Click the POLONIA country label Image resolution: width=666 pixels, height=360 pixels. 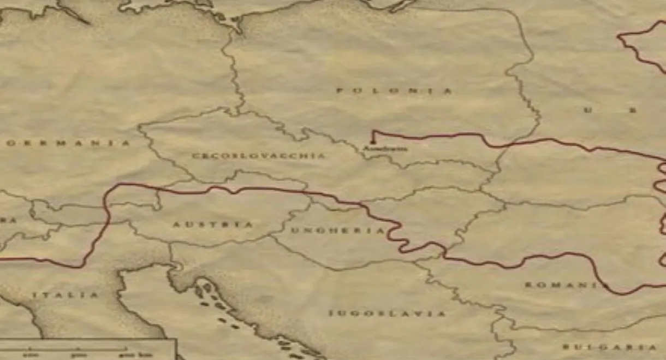click(x=394, y=91)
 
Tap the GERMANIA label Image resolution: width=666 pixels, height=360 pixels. click(x=68, y=144)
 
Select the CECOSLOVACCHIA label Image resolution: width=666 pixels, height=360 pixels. click(x=258, y=156)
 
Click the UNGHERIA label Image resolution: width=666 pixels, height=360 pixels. click(x=338, y=231)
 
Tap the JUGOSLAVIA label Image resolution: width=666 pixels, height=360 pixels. click(x=387, y=314)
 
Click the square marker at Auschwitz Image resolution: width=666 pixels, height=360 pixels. click(x=373, y=143)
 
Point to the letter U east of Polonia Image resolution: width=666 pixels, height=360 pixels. click(x=588, y=110)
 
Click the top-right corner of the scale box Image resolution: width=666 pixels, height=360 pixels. click(x=176, y=339)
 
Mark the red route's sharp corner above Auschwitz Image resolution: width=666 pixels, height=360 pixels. click(x=373, y=131)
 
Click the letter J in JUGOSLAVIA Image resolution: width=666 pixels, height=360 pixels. click(x=330, y=314)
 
